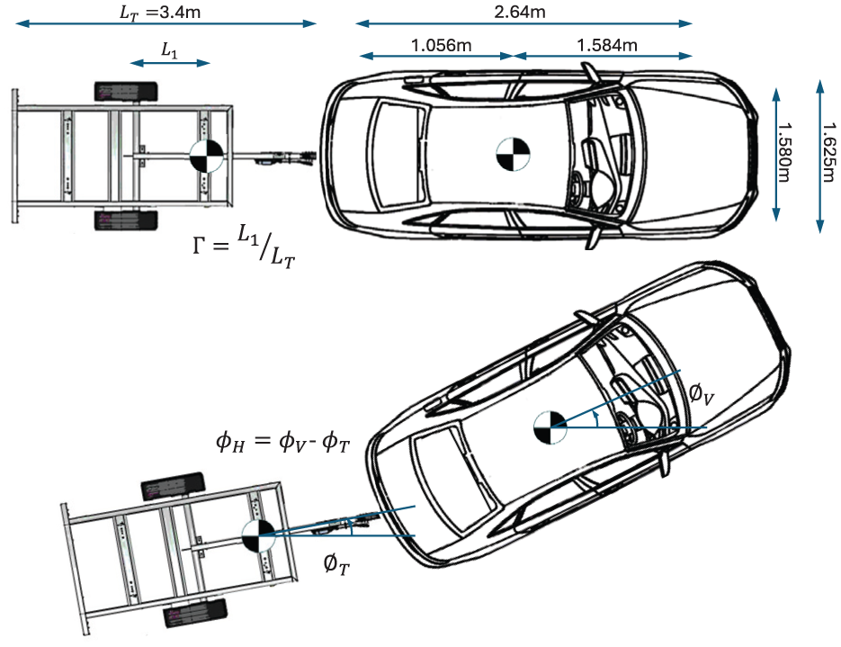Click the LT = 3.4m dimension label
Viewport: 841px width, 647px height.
pos(160,13)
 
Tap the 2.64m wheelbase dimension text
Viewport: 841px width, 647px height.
pos(519,12)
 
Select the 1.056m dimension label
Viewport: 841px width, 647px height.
pos(441,45)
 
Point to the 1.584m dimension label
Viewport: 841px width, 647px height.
pos(606,45)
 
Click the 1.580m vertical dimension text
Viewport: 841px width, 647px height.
pos(784,153)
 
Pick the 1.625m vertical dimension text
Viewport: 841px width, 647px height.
pos(829,152)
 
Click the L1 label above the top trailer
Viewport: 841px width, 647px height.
pos(169,50)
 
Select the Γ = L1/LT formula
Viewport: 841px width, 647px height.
pos(244,247)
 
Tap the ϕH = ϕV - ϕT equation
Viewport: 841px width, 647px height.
pos(283,442)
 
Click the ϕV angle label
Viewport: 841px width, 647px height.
pos(702,395)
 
